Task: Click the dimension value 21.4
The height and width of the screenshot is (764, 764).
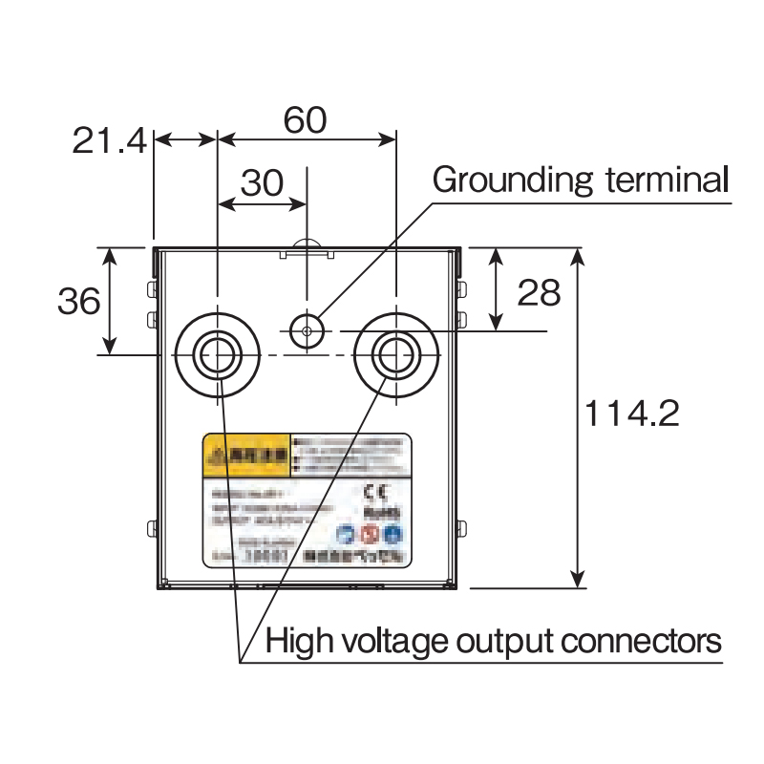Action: (x=109, y=141)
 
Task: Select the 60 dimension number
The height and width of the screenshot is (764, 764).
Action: (x=306, y=120)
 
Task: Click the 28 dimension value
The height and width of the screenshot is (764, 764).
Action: (x=539, y=293)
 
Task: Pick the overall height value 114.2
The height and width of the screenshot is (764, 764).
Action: (x=631, y=414)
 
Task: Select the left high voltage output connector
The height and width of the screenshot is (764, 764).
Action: (x=218, y=354)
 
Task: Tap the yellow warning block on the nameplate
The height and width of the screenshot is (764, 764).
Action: (x=245, y=456)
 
